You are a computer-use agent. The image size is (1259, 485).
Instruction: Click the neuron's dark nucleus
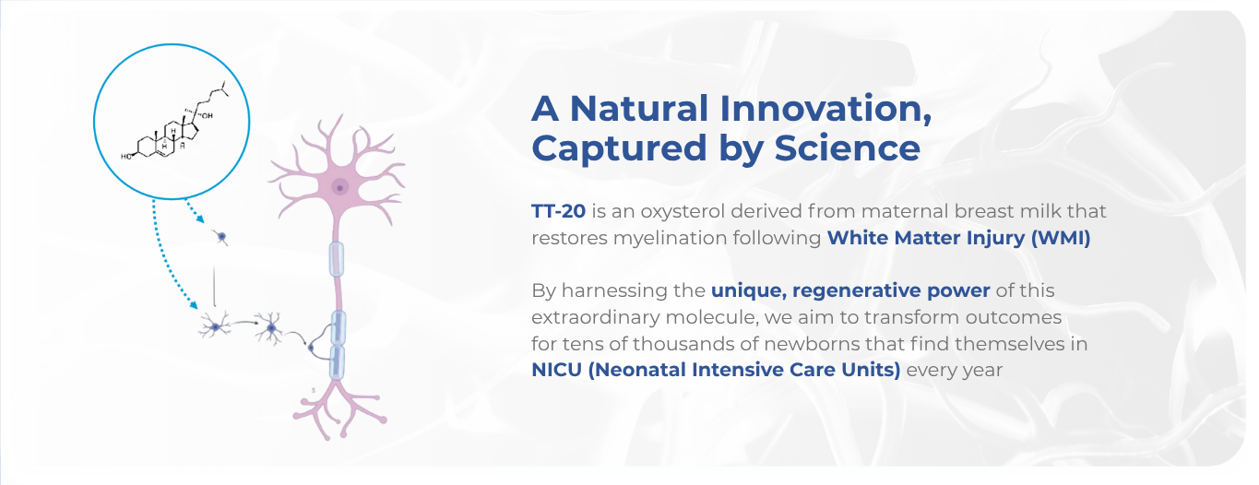[339, 188]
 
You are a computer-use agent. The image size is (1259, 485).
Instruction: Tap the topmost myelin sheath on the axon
[336, 259]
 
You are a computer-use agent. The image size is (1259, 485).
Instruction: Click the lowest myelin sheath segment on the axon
[336, 362]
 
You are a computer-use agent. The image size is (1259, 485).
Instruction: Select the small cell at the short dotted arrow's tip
[222, 237]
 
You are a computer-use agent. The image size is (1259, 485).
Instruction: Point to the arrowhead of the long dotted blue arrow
[193, 305]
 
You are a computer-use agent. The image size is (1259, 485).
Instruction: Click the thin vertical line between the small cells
[214, 286]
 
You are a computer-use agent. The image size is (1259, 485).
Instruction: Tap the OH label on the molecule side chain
[208, 116]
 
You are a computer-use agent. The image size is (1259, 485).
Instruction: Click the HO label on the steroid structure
[125, 157]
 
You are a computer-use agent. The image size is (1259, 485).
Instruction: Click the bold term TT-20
[558, 211]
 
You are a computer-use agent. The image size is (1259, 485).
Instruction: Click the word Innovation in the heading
[825, 109]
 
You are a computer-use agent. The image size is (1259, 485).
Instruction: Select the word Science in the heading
[847, 148]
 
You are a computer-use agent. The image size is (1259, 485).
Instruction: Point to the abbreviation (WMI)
[1061, 238]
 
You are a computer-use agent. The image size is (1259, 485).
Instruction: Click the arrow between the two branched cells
[243, 323]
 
